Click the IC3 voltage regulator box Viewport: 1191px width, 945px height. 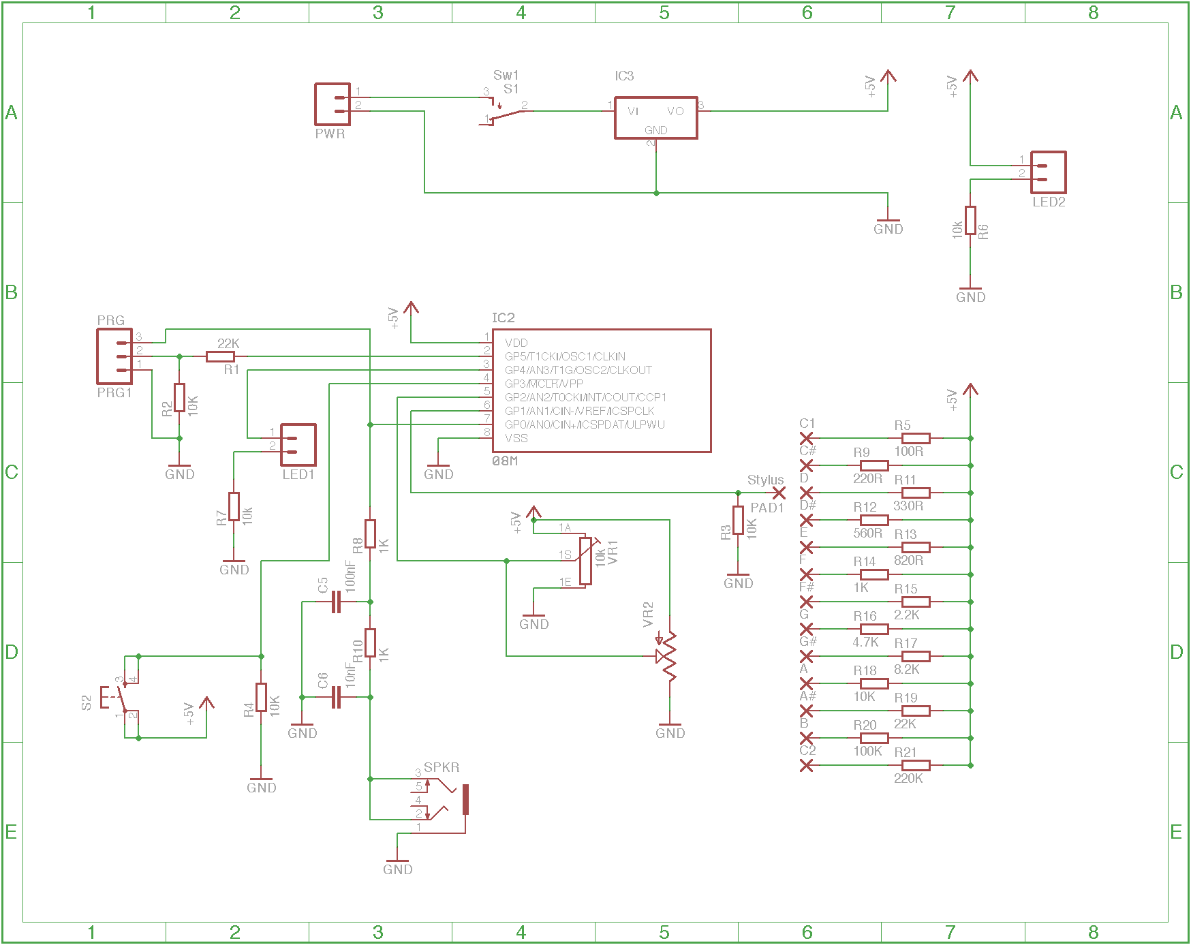point(655,118)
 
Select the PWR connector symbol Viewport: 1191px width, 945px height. point(332,104)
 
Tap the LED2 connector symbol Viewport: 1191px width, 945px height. point(1048,172)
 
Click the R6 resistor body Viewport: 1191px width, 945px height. point(970,220)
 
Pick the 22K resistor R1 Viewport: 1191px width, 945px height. point(220,356)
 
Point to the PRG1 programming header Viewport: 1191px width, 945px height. point(114,356)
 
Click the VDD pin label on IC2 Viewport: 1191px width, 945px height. point(516,343)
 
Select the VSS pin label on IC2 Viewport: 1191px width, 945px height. point(516,438)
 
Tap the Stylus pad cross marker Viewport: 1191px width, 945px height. point(779,493)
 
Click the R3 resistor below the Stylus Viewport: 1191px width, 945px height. point(738,520)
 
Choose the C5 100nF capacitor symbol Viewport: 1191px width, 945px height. point(336,602)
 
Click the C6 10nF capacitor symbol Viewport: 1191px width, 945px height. point(336,697)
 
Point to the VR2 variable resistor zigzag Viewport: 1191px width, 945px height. point(670,656)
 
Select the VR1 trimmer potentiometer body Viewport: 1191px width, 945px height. point(586,561)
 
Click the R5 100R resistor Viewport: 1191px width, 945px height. point(916,438)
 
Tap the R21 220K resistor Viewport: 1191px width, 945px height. point(916,765)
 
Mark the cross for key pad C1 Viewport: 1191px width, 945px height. point(806,438)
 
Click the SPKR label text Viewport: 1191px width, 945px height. point(442,767)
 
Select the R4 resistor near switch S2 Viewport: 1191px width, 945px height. point(261,697)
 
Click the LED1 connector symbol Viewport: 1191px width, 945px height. point(298,445)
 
